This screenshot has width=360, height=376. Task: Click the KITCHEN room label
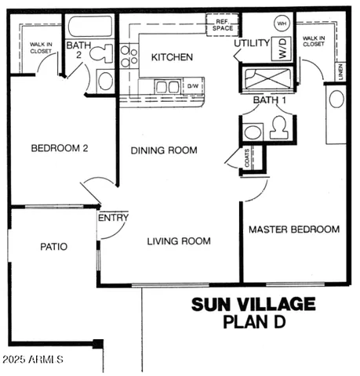pyautogui.click(x=172, y=57)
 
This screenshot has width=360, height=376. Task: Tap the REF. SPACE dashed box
pyautogui.click(x=223, y=26)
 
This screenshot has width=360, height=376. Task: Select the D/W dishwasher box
pyautogui.click(x=192, y=85)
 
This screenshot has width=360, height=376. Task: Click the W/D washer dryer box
pyautogui.click(x=279, y=49)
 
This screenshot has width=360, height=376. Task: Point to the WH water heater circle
pyautogui.click(x=281, y=24)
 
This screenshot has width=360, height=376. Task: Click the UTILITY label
pyautogui.click(x=252, y=43)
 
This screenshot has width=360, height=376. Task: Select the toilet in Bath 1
pyautogui.click(x=278, y=128)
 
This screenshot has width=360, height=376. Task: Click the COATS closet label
pyautogui.click(x=248, y=159)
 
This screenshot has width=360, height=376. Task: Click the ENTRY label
pyautogui.click(x=113, y=217)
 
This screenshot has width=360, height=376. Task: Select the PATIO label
pyautogui.click(x=53, y=247)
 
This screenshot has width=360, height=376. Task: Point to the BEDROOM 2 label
pyautogui.click(x=59, y=148)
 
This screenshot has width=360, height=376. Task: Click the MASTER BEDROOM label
pyautogui.click(x=294, y=230)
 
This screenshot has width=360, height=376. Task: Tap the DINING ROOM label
pyautogui.click(x=164, y=150)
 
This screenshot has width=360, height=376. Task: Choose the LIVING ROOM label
pyautogui.click(x=179, y=241)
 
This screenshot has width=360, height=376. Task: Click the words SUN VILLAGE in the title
pyautogui.click(x=253, y=304)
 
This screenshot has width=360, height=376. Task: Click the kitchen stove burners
pyautogui.click(x=128, y=55)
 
